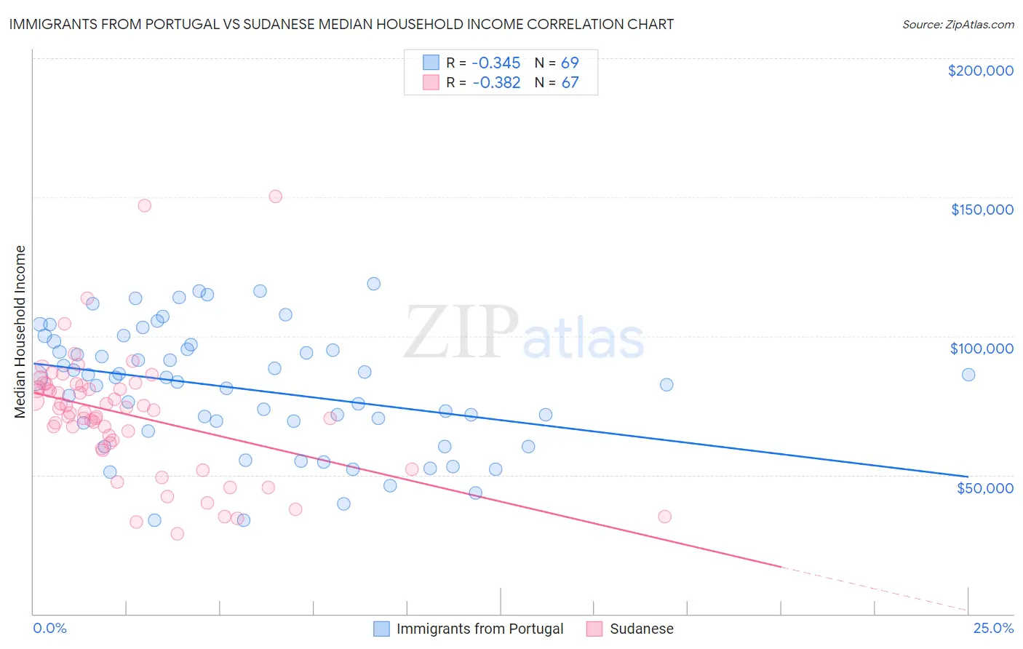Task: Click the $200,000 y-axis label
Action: [980, 71]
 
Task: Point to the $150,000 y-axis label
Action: [982, 210]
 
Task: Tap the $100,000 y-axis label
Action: [982, 349]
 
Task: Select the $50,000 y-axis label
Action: [984, 487]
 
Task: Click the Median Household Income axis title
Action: [20, 332]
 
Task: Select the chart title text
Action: [341, 24]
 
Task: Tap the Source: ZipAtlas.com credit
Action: [958, 24]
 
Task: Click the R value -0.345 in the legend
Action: [496, 63]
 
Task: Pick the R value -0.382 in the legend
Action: [496, 83]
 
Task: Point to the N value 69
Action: [570, 63]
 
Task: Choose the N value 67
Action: [570, 83]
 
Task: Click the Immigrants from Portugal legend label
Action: [479, 629]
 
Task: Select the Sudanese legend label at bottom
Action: [641, 629]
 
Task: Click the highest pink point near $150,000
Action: [275, 196]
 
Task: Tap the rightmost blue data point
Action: [968, 375]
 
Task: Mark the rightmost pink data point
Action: [664, 517]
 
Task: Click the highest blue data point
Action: [374, 284]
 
